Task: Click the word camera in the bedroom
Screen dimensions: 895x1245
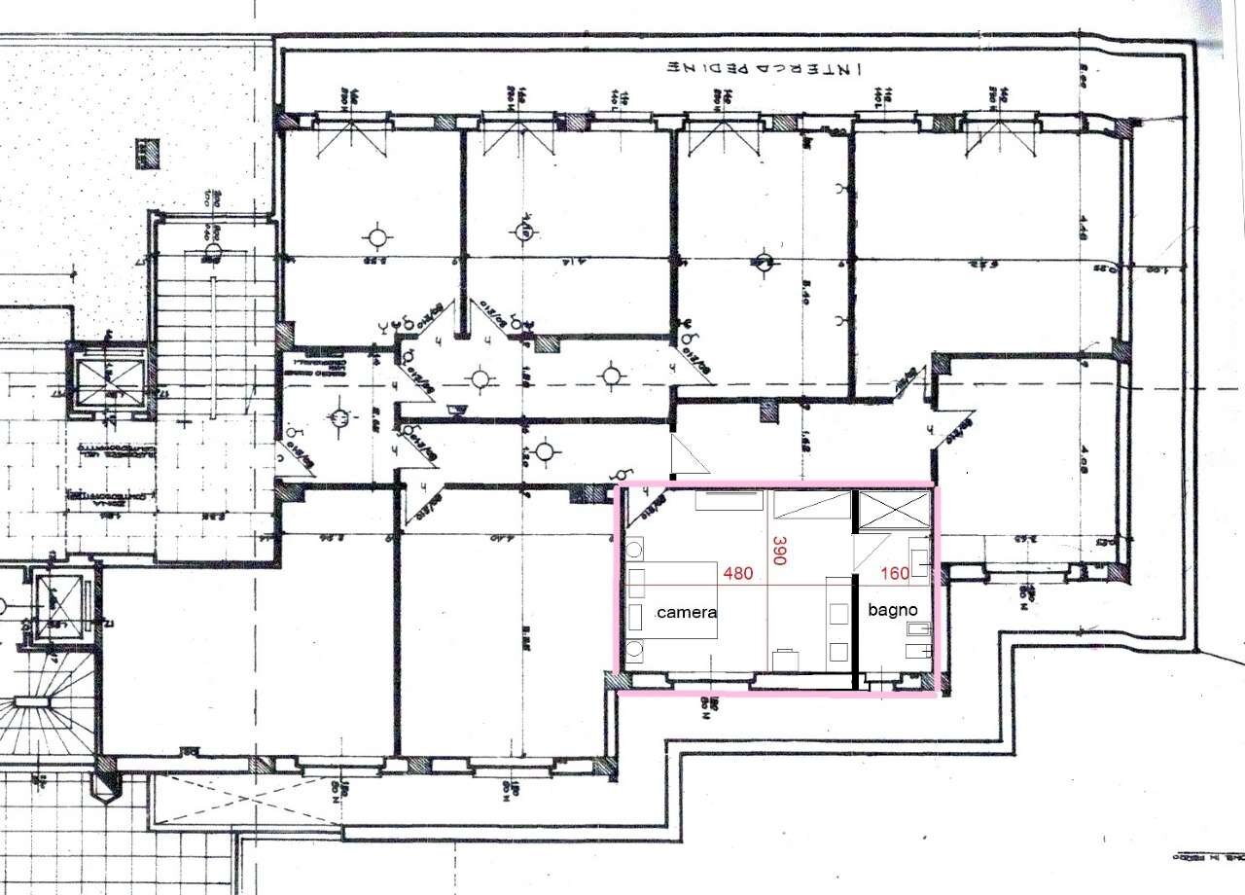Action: point(687,613)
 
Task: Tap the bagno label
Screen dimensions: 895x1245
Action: point(892,610)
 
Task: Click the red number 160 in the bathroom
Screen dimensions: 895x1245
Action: point(894,574)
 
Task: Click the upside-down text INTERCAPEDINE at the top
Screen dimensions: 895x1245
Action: point(767,69)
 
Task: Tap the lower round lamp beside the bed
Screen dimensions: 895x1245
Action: point(635,650)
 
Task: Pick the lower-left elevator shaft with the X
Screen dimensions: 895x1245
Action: point(59,605)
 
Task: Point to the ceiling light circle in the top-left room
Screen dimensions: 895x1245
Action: point(376,236)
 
